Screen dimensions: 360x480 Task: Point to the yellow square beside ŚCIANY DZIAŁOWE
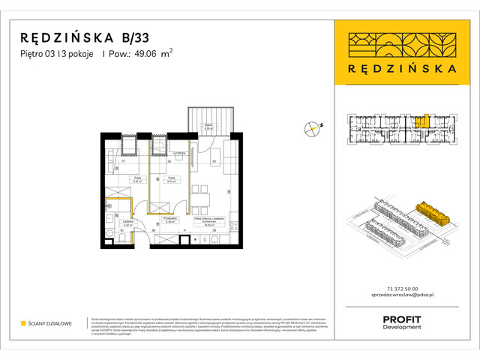coord(23,324)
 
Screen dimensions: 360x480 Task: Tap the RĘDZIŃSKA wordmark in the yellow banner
coord(405,67)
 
